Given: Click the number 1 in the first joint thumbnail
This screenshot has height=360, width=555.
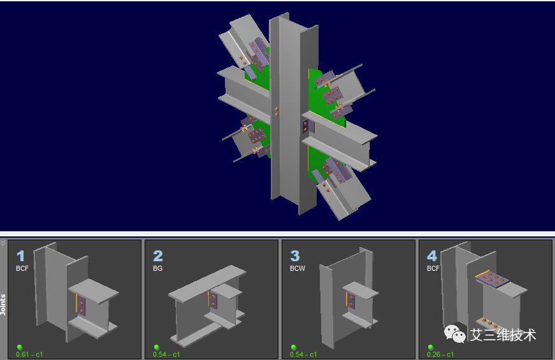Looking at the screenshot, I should coord(21,256).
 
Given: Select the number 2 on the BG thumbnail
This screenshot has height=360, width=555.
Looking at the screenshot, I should coord(158,256).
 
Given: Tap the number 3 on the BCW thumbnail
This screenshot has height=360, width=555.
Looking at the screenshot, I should coord(295,256).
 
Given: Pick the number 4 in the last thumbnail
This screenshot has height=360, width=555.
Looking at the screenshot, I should coord(432,256).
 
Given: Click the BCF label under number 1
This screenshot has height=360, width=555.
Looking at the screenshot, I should coord(22,269).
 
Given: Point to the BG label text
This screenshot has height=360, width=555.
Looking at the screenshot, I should coord(157,269).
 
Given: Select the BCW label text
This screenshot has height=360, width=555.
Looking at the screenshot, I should coord(298,269).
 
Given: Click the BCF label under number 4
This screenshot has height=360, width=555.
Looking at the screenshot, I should coord(433,269).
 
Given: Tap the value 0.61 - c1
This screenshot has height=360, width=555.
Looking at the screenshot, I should coord(30,354).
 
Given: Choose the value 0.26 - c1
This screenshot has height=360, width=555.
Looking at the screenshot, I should coord(440,354).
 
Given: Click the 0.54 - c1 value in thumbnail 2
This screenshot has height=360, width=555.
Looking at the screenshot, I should coord(166,354).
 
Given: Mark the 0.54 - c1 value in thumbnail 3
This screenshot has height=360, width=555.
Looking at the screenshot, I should coord(303,354).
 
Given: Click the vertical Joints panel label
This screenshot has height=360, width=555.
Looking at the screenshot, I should coord(3,305).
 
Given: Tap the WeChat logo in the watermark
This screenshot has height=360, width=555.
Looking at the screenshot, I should coord(455,333).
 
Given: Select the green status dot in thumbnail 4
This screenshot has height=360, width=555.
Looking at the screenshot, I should coord(430,347).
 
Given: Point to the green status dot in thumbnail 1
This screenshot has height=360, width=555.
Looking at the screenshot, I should coord(20,347).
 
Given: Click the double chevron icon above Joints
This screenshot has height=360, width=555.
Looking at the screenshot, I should coord(3,243).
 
